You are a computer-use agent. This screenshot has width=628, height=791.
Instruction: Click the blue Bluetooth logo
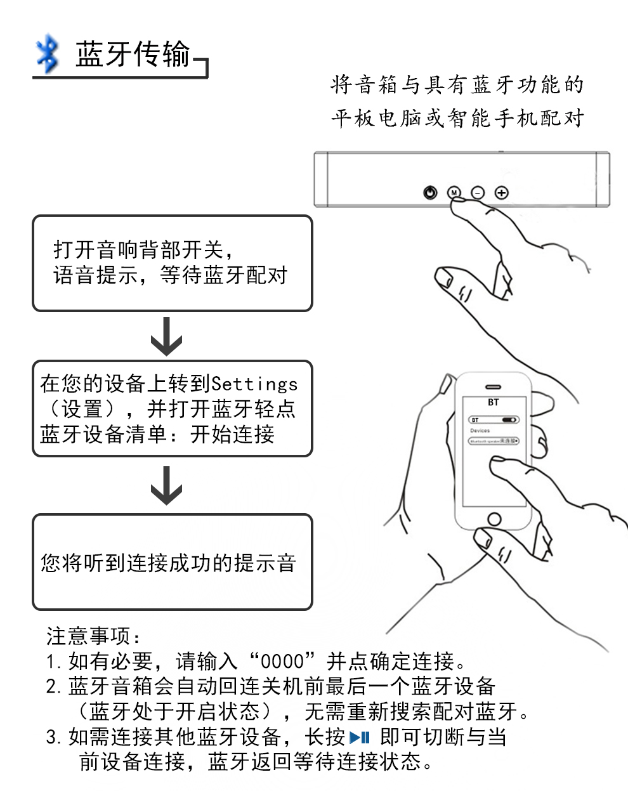[47, 55]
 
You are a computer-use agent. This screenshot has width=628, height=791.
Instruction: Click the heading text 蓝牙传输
[133, 55]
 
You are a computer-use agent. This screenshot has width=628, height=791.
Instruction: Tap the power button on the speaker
[431, 192]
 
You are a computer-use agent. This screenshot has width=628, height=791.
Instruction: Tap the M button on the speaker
[454, 192]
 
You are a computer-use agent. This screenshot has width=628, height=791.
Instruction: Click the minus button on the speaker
[478, 192]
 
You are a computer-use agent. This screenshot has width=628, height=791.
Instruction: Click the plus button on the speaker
[501, 192]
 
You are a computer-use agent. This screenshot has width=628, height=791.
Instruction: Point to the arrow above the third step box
[166, 485]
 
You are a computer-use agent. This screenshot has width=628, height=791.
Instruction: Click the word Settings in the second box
[254, 384]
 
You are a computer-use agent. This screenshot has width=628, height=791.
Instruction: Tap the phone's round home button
[494, 519]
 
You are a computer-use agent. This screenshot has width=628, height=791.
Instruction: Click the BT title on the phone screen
[494, 402]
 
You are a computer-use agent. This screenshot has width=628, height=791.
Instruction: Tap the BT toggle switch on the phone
[509, 419]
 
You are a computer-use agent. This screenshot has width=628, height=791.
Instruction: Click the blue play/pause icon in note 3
[359, 737]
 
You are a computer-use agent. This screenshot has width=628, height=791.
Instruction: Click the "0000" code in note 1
[283, 662]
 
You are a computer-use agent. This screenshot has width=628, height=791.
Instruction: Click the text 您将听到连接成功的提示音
[168, 563]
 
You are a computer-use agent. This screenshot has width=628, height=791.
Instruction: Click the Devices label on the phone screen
[480, 430]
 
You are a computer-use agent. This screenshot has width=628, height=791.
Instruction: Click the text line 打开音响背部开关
[147, 249]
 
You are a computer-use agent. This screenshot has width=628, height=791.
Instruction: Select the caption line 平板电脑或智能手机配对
[457, 119]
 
